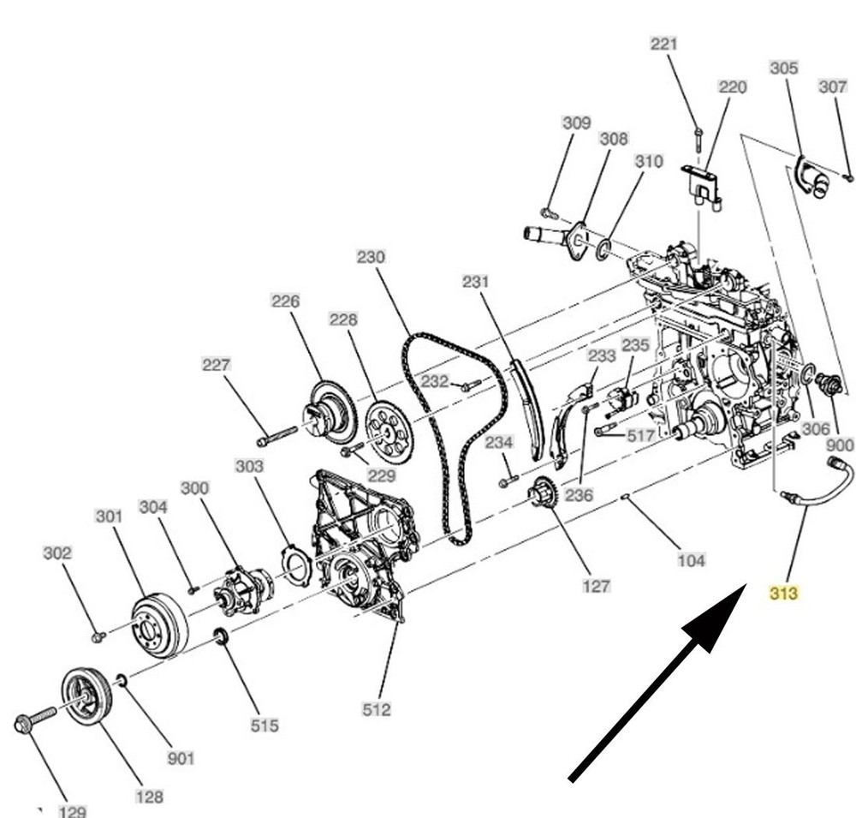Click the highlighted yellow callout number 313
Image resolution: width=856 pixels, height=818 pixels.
pos(783,592)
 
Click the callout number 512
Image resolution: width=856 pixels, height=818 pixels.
pos(377,708)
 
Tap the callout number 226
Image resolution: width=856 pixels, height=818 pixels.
pos(286,301)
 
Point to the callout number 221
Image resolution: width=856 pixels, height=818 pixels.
pos(664,44)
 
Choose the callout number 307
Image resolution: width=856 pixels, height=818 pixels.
pos(832,87)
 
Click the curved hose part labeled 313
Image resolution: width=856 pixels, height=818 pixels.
pos(822,488)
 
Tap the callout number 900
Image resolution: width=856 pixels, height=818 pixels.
pos(840,445)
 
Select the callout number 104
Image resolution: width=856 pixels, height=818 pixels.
pos(691,560)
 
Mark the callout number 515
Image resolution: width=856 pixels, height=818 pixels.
pos(264,725)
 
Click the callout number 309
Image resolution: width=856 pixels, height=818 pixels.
pos(576,122)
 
